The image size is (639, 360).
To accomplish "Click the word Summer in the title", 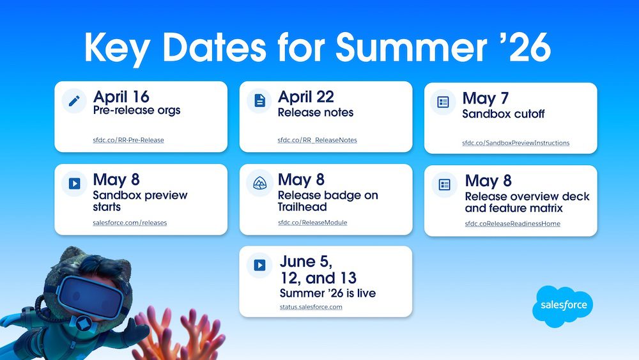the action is point(411,47).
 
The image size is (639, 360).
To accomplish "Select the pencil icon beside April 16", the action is point(74,100).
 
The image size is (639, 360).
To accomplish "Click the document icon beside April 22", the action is point(259,100).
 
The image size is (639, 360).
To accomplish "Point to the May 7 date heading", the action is point(486,98).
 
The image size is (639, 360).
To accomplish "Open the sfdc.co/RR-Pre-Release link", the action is point(128,140).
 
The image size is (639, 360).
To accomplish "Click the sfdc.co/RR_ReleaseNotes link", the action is point(317,140).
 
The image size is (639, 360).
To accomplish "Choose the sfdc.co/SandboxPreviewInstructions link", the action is point(516,143).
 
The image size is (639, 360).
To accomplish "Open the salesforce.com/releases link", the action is point(130,223).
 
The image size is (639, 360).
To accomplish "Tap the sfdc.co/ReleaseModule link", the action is point(312,223).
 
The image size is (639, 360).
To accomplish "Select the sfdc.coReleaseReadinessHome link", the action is point(512,224).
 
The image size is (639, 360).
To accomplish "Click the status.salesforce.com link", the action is point(311,307).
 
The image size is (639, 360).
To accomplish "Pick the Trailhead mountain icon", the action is point(259,184).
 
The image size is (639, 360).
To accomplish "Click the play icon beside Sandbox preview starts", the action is point(74,184).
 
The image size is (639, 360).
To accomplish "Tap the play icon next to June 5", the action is point(259,265).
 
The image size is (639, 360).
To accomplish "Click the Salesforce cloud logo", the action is point(563,306).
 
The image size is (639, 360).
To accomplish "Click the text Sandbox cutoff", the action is point(504,114).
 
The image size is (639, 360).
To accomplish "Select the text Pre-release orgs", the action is point(137,111).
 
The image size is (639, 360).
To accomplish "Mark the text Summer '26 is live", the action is point(328,293).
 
